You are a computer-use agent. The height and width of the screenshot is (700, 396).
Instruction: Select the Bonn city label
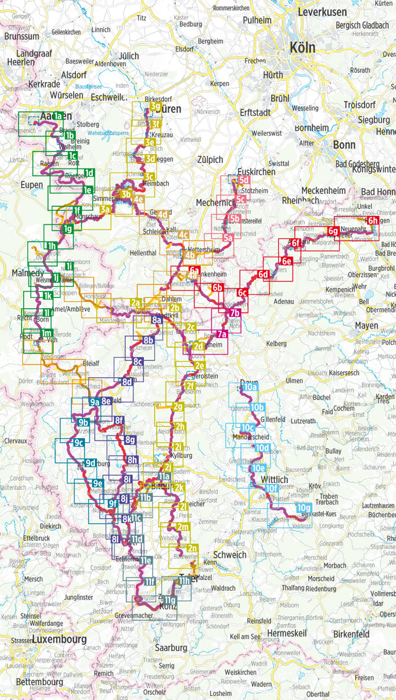(344, 145)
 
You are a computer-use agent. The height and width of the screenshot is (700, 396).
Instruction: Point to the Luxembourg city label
(59, 639)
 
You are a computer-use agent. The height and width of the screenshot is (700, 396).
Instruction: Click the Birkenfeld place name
(350, 634)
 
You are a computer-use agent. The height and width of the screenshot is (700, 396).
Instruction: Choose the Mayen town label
(366, 326)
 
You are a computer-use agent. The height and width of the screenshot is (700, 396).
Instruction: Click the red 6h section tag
(372, 221)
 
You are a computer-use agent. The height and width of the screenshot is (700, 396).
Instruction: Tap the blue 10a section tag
(249, 387)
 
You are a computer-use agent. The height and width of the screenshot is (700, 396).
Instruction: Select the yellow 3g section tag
(154, 106)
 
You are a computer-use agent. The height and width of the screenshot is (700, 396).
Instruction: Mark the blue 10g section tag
(303, 508)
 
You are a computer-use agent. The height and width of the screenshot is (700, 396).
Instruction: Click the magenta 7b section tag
(235, 313)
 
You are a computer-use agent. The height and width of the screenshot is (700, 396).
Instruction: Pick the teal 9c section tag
(79, 442)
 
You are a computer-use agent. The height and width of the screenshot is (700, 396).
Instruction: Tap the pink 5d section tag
(244, 180)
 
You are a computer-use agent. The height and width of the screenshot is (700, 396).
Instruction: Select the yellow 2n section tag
(192, 548)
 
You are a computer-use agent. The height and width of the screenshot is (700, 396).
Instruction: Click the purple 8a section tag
(157, 321)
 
